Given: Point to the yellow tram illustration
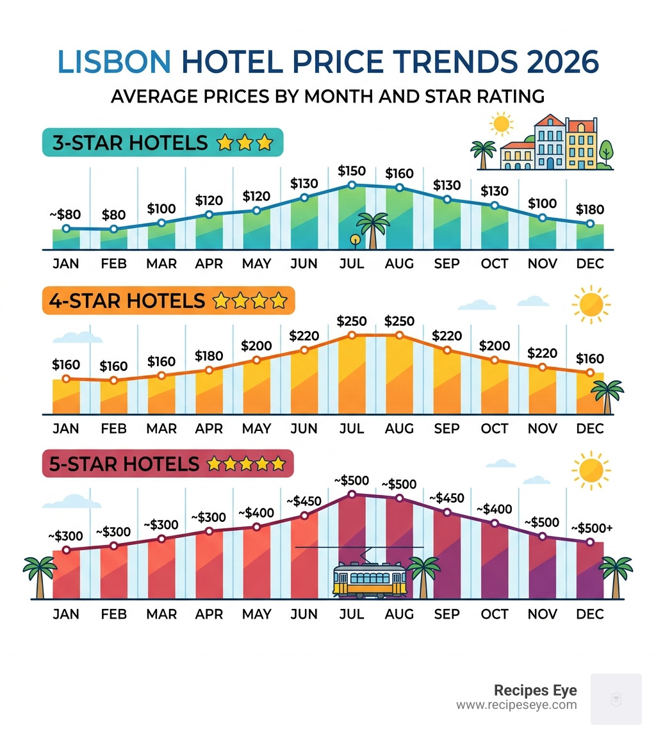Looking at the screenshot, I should coord(369,579).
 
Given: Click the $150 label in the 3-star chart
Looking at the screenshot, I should coord(351,171).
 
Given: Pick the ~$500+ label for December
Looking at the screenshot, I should coord(591,528).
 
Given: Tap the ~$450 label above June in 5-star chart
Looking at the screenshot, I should coord(304,501).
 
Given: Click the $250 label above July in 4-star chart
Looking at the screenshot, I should coord(351,321).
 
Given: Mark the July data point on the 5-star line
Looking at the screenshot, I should coord(351,494).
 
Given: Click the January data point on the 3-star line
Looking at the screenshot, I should coord(66,229).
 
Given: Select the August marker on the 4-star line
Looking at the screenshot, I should coord(399,335).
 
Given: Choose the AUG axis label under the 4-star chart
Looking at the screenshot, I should coord(399,429).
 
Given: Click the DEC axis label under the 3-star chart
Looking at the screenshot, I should coord(590,264).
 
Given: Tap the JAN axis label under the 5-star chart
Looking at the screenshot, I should coord(66,614).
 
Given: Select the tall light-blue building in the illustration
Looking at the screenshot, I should coord(550,143).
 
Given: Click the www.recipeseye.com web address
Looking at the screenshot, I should coord(516,705).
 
